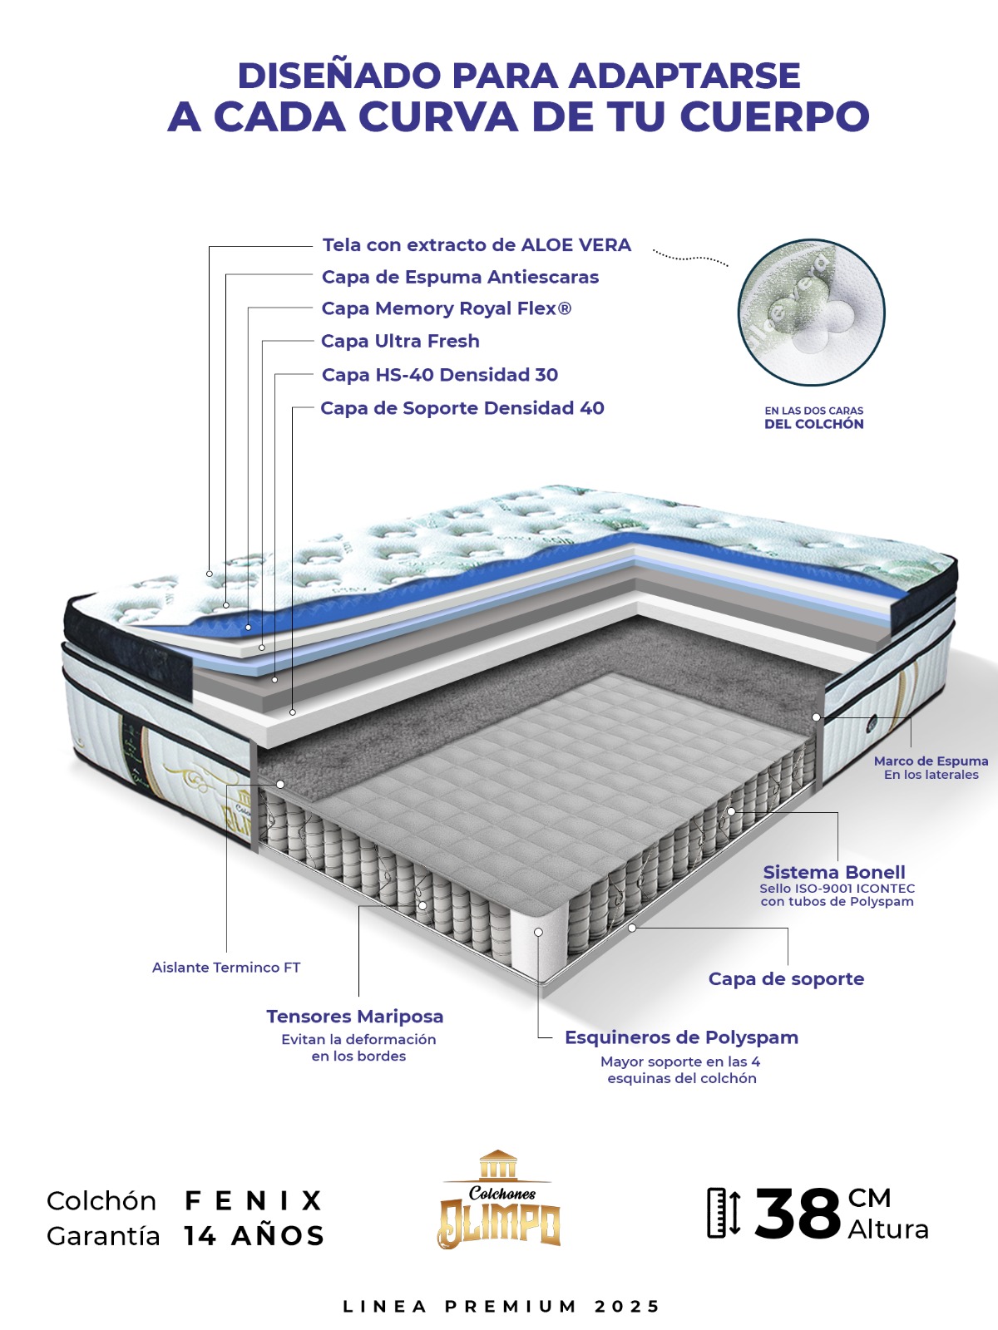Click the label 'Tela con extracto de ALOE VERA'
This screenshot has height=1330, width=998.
tap(477, 244)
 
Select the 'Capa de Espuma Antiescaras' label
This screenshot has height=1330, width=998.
tap(460, 277)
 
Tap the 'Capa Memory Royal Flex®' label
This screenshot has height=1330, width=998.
tap(446, 308)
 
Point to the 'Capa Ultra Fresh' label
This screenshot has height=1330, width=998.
tap(400, 341)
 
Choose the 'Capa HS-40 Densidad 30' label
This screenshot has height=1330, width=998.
tap(439, 374)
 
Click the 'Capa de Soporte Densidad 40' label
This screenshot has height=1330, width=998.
tap(462, 408)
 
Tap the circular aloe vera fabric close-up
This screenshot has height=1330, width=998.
tap(812, 312)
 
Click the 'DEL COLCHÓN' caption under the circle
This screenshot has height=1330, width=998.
tap(814, 424)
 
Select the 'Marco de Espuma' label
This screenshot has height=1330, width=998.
tap(931, 761)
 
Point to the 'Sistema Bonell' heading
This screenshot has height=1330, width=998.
tap(834, 872)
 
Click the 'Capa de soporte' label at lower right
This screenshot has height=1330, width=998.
tap(786, 978)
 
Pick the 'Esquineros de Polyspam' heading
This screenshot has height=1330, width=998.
tap(681, 1037)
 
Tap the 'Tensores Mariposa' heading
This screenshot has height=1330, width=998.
tap(354, 1016)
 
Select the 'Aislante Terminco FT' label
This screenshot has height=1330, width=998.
tap(226, 967)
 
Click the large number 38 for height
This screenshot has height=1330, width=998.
tap(798, 1214)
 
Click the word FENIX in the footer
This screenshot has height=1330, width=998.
tap(254, 1200)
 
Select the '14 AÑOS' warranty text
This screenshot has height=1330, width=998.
tap(254, 1236)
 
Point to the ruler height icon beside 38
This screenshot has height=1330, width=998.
tap(724, 1213)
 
